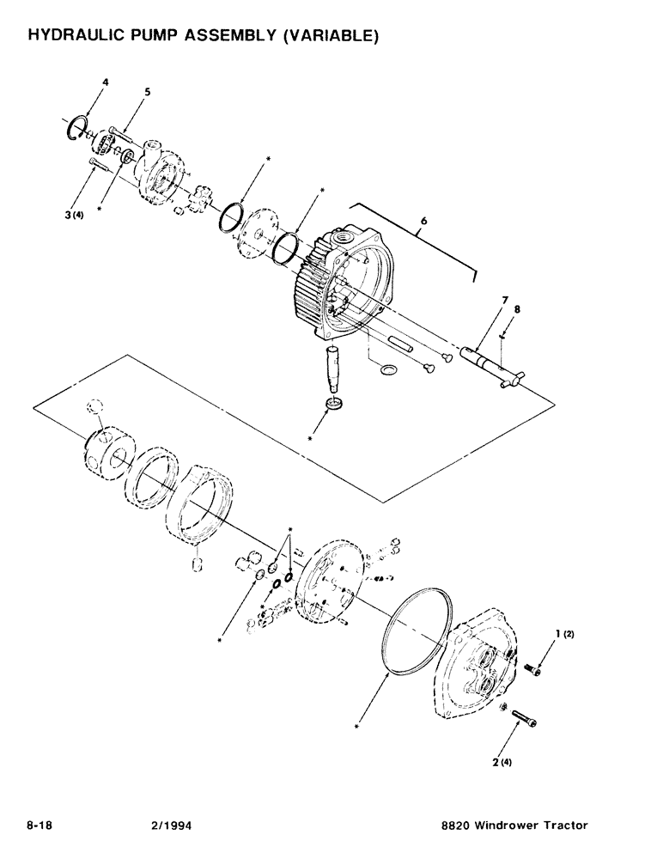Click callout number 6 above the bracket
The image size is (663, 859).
pos(422,220)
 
